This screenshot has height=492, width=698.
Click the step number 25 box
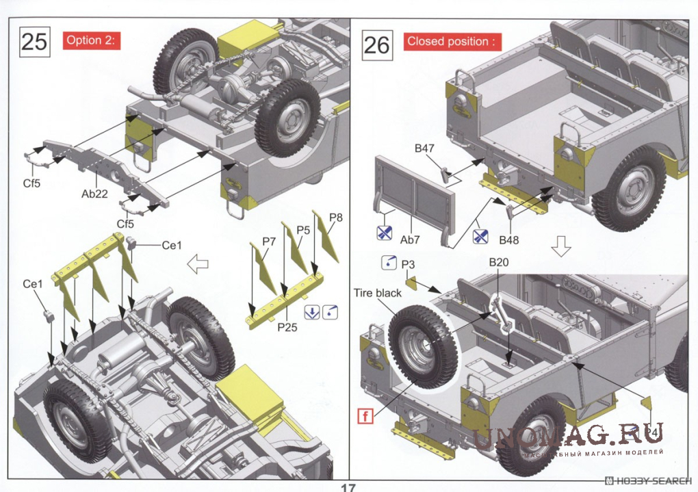tap(34, 41)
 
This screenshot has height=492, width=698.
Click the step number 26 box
tap(376, 44)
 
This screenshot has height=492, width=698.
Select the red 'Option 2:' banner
tap(92, 40)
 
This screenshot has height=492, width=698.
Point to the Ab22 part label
tap(94, 194)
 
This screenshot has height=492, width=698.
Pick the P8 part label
tap(335, 218)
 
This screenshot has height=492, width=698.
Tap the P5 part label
tap(304, 231)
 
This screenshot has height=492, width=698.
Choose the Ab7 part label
tap(410, 239)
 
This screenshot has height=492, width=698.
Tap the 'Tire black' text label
tap(378, 293)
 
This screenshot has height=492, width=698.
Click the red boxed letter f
tap(365, 414)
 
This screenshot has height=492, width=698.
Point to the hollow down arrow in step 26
tap(560, 246)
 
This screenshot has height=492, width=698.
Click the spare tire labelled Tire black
tap(424, 347)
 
